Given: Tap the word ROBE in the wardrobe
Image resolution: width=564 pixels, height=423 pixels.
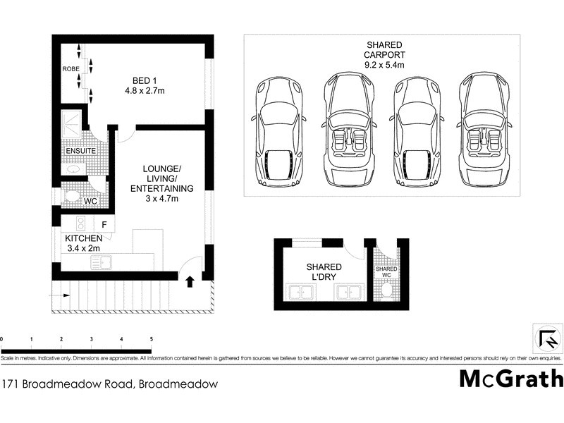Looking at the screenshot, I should [x=70, y=70].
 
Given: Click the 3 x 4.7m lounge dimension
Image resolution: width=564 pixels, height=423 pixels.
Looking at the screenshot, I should [x=162, y=200].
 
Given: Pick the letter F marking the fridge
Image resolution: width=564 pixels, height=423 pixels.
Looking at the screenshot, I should [x=104, y=225].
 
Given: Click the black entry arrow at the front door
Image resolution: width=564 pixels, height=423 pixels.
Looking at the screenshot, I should [x=189, y=282].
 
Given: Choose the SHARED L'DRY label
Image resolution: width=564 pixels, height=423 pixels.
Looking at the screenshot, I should [x=324, y=272].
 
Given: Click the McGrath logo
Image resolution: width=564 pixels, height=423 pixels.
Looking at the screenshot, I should [x=511, y=379].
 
